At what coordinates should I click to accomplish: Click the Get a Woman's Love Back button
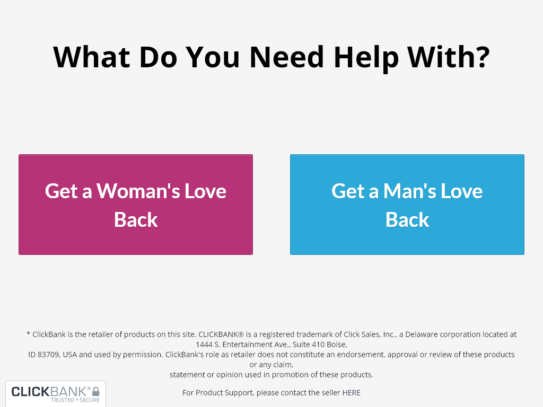click(x=136, y=205)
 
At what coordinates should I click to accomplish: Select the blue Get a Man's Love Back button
click(x=407, y=205)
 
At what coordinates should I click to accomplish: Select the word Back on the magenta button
click(x=136, y=219)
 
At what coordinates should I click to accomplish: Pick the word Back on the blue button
click(x=407, y=219)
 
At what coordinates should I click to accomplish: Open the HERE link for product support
click(x=351, y=393)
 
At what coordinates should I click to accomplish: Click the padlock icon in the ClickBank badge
click(x=96, y=392)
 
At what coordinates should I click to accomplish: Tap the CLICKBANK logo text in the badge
click(x=50, y=392)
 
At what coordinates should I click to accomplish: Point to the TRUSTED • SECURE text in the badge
click(x=75, y=400)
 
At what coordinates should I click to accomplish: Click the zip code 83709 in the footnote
click(x=50, y=355)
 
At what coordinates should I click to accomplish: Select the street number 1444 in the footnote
click(x=204, y=344)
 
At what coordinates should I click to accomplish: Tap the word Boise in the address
click(x=337, y=344)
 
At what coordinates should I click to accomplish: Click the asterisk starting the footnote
click(x=28, y=334)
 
